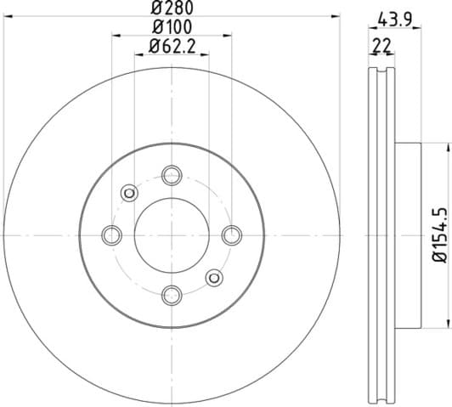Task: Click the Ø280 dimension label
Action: tap(172, 8)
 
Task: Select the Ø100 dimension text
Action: tap(172, 27)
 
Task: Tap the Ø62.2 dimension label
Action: tap(172, 47)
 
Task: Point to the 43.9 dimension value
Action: tap(395, 20)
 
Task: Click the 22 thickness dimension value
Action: tap(381, 46)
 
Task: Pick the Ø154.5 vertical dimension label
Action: tap(440, 235)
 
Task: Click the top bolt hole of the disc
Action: tap(172, 175)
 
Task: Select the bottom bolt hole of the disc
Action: tap(172, 295)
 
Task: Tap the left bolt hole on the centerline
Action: tap(112, 235)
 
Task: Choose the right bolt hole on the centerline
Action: tap(232, 235)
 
